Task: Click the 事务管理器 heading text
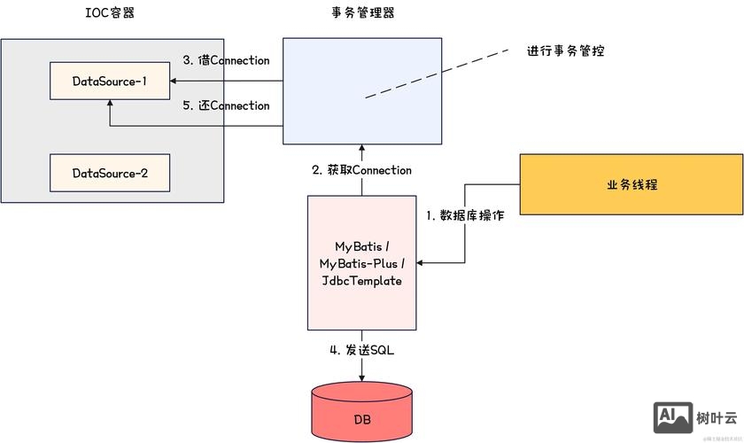pos(360,14)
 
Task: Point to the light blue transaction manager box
pos(361,91)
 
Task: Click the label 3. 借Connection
pos(226,61)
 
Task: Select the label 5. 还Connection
pos(226,105)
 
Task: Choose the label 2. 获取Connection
pos(361,169)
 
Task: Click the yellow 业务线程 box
pos(632,184)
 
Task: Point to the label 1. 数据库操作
pos(465,215)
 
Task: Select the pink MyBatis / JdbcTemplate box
pos(361,261)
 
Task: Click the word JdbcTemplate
pos(361,281)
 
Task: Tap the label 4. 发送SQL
pos(361,350)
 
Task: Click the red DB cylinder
pos(361,415)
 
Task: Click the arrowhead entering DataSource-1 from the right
pos(172,82)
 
